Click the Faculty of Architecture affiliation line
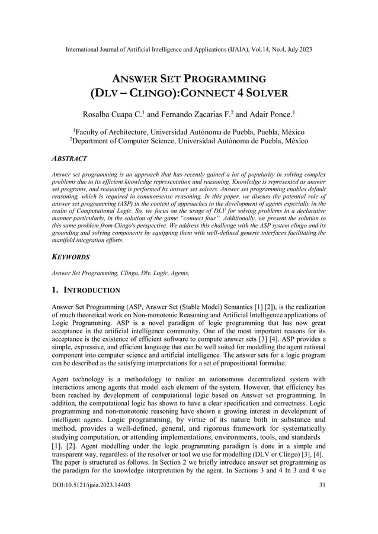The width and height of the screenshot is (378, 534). tap(190, 131)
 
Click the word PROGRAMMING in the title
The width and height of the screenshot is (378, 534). tap(225, 79)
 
